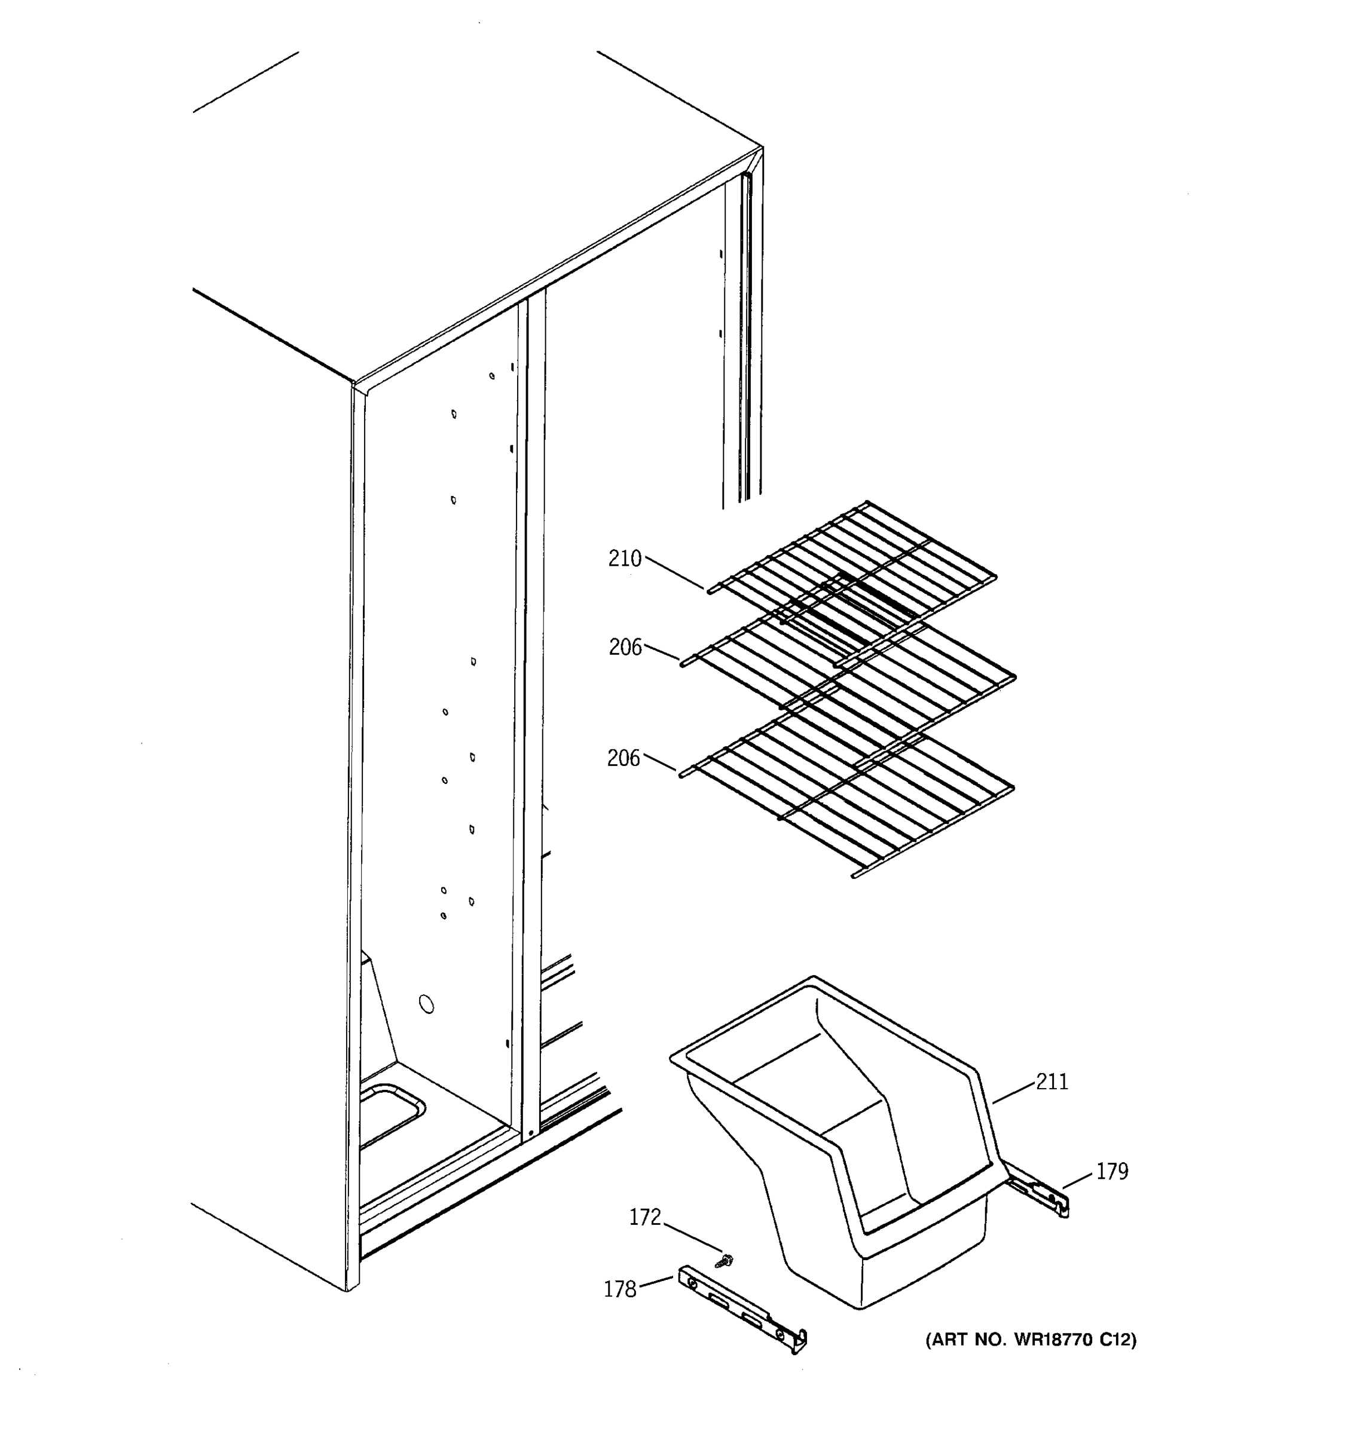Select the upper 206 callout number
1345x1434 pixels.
(625, 648)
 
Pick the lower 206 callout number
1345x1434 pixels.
(623, 759)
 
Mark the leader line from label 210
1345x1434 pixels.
(675, 573)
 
